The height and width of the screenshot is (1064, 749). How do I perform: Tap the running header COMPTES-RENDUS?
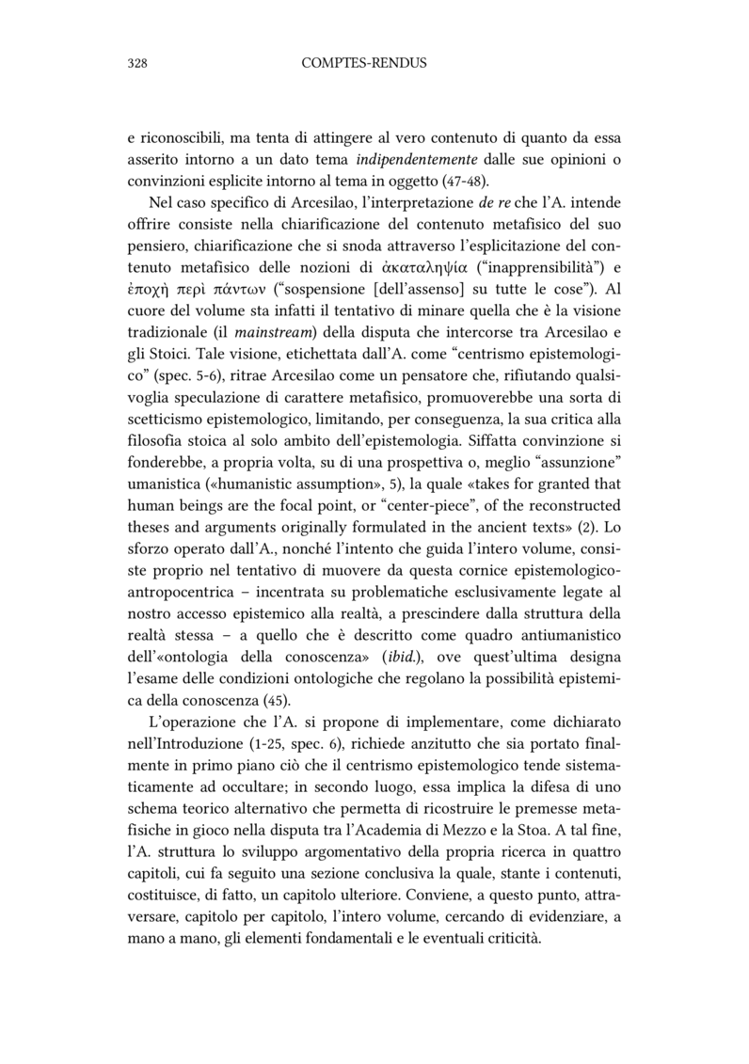364,64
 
